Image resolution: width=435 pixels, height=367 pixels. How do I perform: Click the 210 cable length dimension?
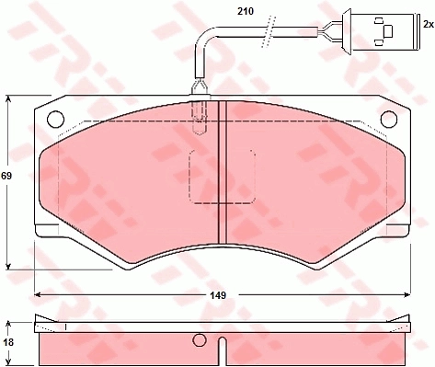pyautogui.click(x=246, y=11)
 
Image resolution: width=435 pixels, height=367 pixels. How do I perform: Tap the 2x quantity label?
pyautogui.click(x=429, y=24)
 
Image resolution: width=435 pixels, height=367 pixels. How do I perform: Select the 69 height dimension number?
pyautogui.click(x=6, y=176)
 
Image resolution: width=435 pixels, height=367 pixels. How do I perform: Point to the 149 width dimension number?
pyautogui.click(x=218, y=295)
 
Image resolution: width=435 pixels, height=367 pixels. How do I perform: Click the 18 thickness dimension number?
pyautogui.click(x=8, y=342)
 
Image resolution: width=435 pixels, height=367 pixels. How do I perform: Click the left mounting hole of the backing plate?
pyautogui.click(x=55, y=119)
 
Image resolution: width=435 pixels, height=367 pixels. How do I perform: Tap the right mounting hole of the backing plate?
pyautogui.click(x=389, y=119)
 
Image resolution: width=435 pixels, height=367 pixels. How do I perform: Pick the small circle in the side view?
pyautogui.click(x=200, y=339)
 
